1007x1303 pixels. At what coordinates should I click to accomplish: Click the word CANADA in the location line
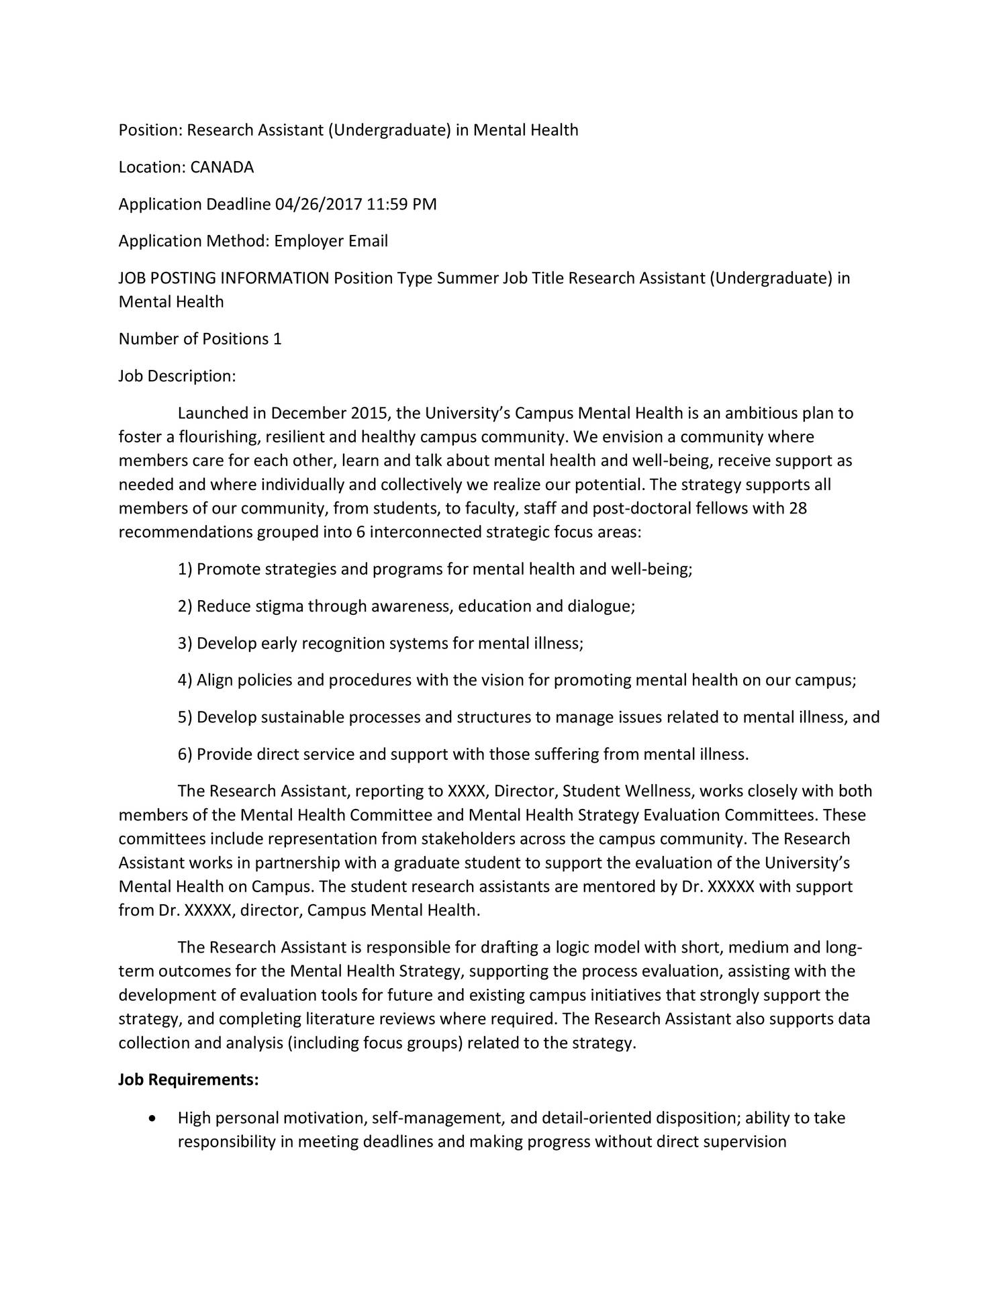(x=222, y=167)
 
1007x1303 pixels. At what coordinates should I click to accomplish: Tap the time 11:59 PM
(x=401, y=204)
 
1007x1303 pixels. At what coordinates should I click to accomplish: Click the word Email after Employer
(x=368, y=241)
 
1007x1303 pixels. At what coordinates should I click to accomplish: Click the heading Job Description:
(x=177, y=376)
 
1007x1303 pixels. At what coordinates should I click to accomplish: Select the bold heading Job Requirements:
(x=189, y=1080)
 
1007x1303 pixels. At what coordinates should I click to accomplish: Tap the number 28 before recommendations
(x=798, y=508)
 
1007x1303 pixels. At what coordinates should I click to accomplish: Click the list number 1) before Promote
(x=185, y=570)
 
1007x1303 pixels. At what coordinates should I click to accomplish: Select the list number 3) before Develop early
(x=185, y=644)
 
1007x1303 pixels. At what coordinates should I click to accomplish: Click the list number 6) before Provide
(x=185, y=755)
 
